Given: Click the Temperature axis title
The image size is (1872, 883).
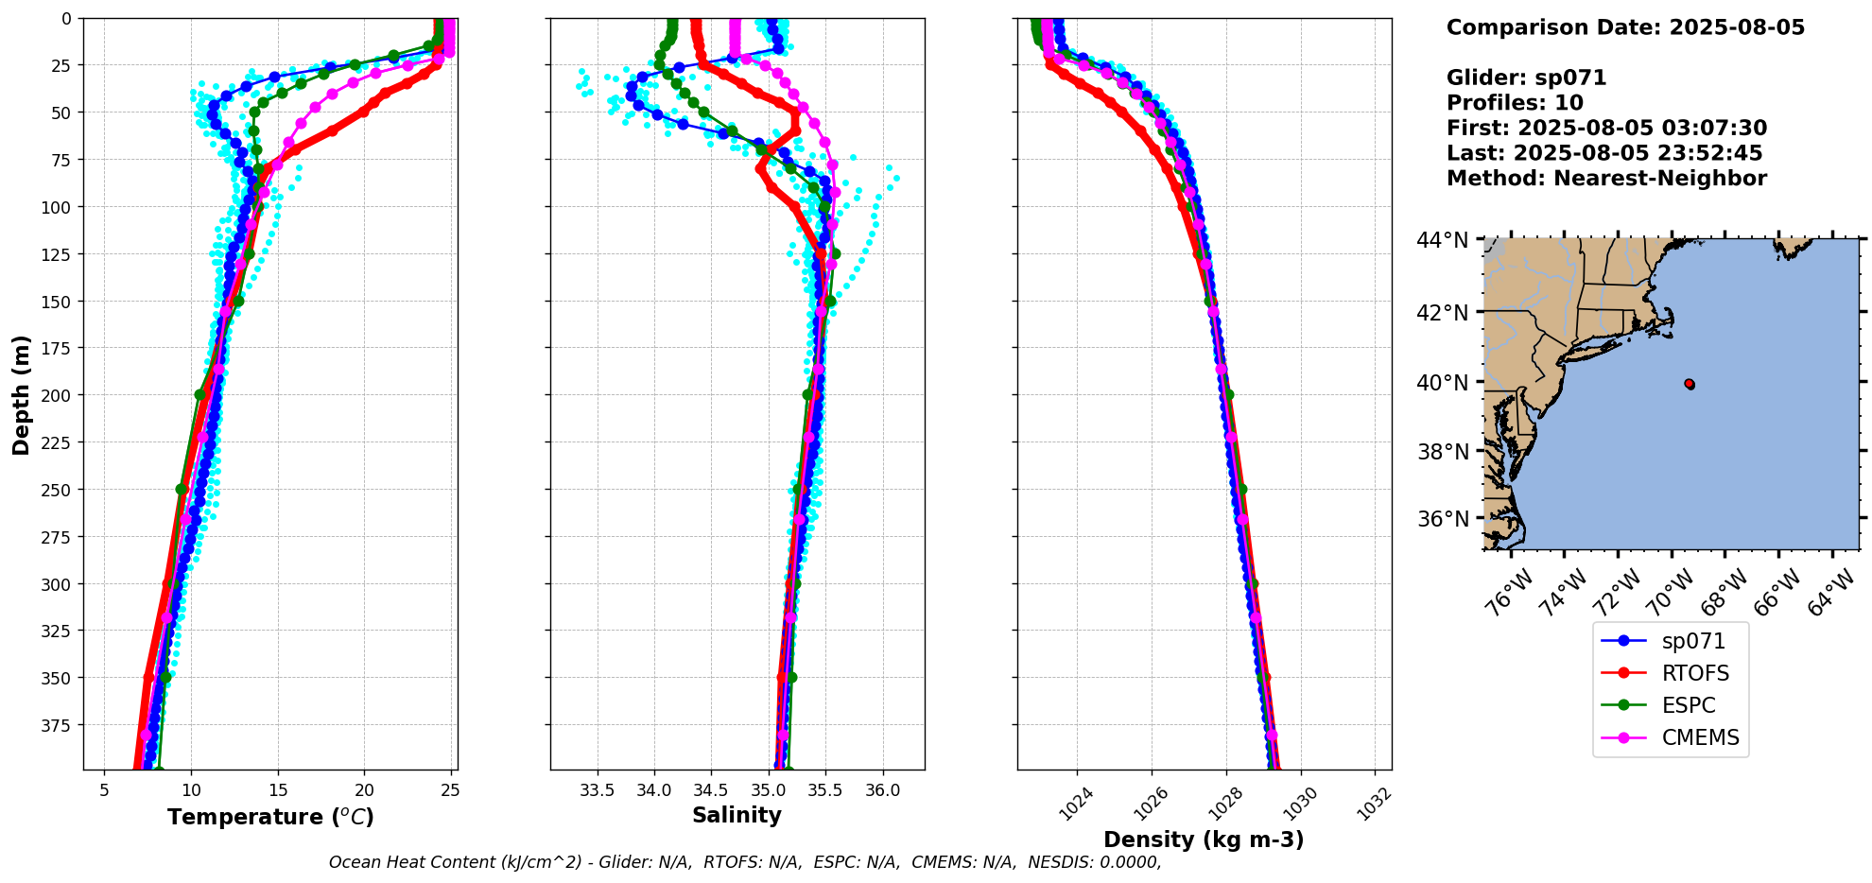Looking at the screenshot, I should [270, 817].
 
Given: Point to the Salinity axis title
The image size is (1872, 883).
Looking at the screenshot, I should [737, 815].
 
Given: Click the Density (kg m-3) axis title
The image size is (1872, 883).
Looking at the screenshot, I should [1204, 840].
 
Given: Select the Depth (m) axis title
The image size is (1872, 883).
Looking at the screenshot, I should [21, 394].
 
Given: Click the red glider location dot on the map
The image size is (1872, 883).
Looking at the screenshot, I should [1690, 384].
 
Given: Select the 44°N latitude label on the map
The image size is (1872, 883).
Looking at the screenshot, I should [1442, 240].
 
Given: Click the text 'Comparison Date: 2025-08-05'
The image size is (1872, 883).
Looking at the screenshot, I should [1625, 27].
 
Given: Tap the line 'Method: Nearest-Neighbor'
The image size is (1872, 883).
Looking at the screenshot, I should [1606, 178].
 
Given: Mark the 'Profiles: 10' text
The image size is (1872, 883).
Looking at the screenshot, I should [1515, 103].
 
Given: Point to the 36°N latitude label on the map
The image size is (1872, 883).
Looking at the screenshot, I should [1442, 519].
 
